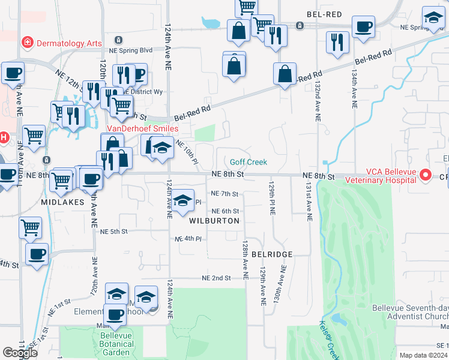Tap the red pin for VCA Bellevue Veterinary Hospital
426,175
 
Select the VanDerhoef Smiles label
142,128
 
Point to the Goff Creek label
249,162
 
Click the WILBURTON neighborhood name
214,221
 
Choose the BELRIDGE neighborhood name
271,254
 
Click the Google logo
20,353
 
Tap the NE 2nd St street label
217,278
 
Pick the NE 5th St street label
115,232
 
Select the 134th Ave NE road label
354,78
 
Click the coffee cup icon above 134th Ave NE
363,27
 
